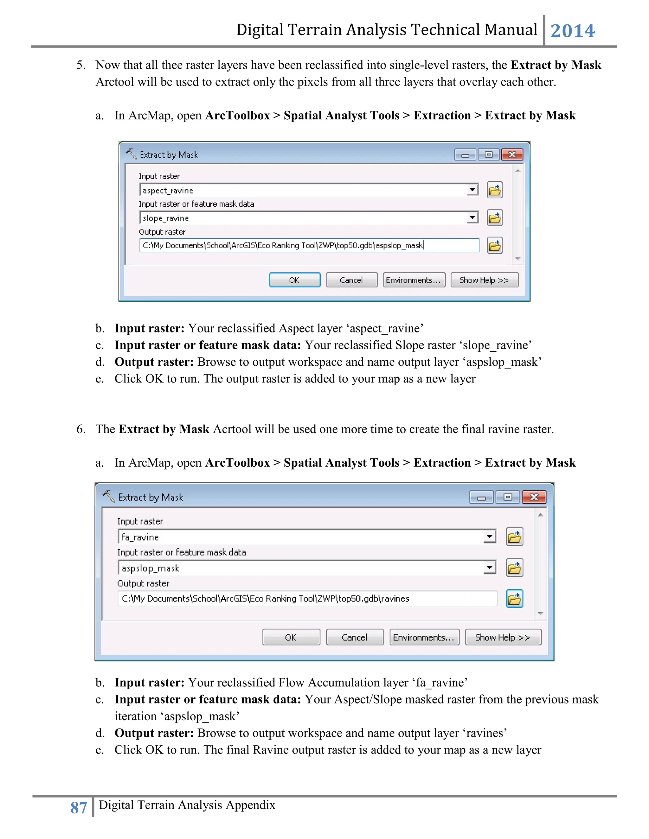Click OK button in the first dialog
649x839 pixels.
[x=294, y=280]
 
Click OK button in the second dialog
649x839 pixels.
[x=291, y=637]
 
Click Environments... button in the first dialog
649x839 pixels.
[x=414, y=280]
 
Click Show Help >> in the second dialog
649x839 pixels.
[x=503, y=637]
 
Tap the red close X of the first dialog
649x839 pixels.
[x=512, y=155]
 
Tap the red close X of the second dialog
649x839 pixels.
[x=534, y=497]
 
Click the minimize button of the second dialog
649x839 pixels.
[x=481, y=497]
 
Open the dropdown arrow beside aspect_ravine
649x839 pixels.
[x=472, y=190]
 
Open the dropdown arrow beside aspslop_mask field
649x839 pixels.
[x=489, y=567]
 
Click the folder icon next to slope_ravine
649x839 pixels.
[x=494, y=218]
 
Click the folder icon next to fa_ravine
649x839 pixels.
[x=514, y=537]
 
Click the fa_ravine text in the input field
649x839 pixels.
[x=140, y=537]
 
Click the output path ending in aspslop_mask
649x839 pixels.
[x=283, y=245]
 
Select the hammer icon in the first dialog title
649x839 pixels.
[x=131, y=154]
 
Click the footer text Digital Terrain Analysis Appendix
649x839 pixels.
[x=187, y=805]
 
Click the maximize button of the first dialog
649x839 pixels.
[x=488, y=155]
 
